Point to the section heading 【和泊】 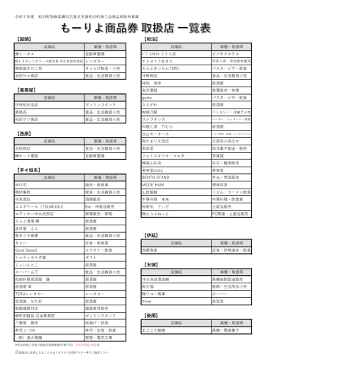pyautogui.click(x=151, y=38)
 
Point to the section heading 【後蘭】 pyautogui.click(x=151, y=314)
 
